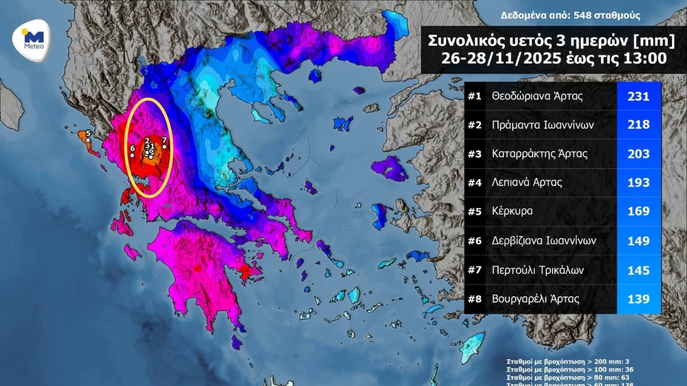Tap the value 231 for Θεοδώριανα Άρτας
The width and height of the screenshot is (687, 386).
click(x=638, y=97)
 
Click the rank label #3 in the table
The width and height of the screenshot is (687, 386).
click(x=475, y=154)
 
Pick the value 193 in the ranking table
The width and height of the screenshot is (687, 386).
click(x=638, y=183)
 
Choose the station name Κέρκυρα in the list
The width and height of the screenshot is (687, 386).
click(x=512, y=211)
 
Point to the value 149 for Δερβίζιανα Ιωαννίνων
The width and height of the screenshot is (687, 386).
click(x=638, y=241)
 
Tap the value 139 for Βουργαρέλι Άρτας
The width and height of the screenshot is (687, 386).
click(x=638, y=299)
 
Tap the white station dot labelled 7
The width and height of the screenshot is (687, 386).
click(x=165, y=146)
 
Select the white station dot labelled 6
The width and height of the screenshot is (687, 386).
click(x=132, y=155)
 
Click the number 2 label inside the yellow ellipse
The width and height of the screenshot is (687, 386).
click(x=147, y=141)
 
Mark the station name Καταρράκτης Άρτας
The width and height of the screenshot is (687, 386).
click(x=539, y=154)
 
